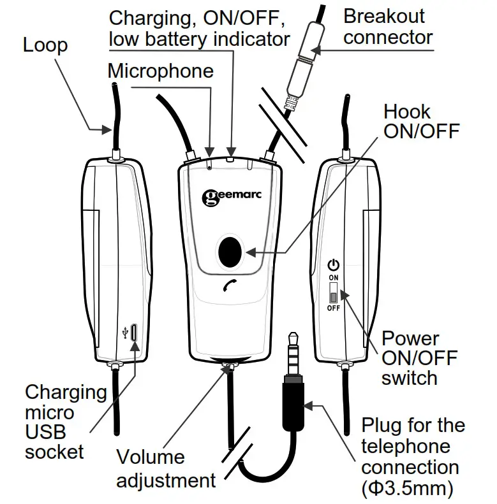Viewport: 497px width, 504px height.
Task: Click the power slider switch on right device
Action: (333, 294)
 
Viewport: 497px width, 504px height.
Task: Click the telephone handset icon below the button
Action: (230, 287)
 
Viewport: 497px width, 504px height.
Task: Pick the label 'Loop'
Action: (45, 45)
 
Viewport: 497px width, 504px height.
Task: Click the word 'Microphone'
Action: (160, 70)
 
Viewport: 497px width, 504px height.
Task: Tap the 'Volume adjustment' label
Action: (159, 468)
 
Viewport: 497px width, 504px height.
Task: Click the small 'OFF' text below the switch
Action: (333, 308)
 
